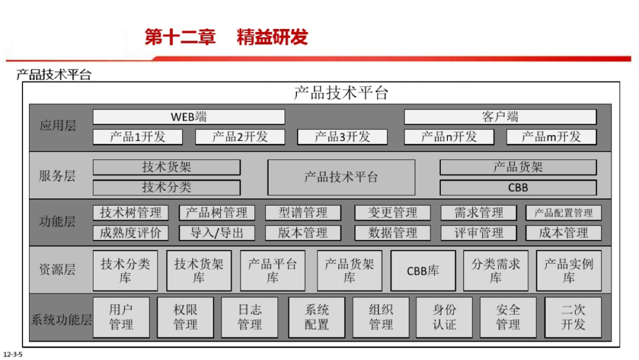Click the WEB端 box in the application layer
click(189, 117)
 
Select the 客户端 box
click(500, 117)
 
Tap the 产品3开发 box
click(342, 137)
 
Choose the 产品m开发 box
click(551, 137)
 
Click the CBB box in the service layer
click(518, 188)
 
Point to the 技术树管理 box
click(131, 213)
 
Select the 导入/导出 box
click(217, 233)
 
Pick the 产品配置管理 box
click(563, 213)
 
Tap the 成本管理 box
click(563, 233)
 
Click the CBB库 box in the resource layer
click(423, 271)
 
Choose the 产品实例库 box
click(569, 271)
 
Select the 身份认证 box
click(444, 317)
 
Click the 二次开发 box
click(573, 317)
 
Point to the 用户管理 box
click(121, 317)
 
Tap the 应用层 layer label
click(58, 126)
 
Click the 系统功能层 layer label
click(62, 320)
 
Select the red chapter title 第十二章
click(180, 37)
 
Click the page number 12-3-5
click(12, 355)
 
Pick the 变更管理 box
click(393, 213)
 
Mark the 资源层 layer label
click(58, 269)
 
